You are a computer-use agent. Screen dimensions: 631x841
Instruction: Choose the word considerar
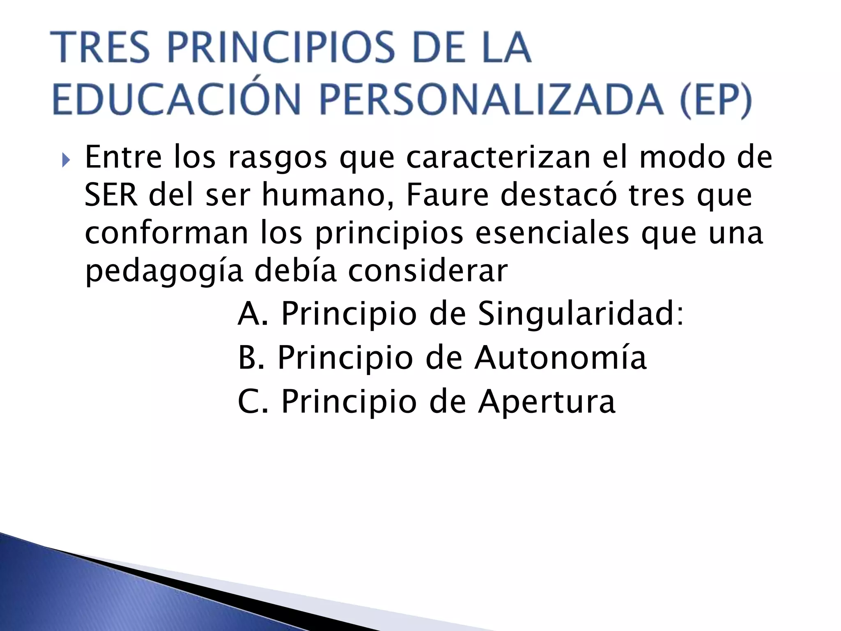pyautogui.click(x=428, y=271)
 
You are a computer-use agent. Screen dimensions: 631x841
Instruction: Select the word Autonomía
pyautogui.click(x=561, y=357)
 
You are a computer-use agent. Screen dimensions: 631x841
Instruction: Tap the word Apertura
pyautogui.click(x=547, y=402)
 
